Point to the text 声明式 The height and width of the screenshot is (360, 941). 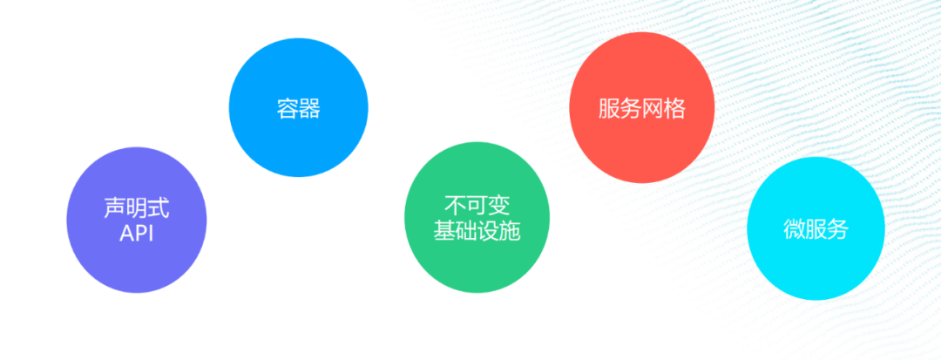136,208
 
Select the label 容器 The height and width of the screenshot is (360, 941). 298,109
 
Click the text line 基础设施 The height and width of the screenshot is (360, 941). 477,232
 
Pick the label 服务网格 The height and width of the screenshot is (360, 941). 642,109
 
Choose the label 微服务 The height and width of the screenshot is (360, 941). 816,230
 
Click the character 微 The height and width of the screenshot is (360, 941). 794,230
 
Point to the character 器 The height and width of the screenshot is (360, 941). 309,109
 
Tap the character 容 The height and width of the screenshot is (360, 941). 287,109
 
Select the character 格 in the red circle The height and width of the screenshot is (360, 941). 674,109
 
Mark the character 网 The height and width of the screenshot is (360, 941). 653,109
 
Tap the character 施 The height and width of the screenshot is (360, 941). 510,232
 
